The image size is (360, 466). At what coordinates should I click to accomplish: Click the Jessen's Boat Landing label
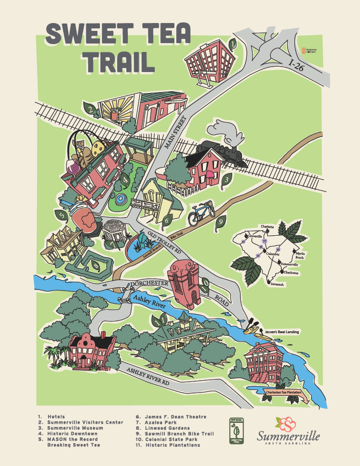point(281,332)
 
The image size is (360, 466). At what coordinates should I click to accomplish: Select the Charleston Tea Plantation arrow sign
point(287,393)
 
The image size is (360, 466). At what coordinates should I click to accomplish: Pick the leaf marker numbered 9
point(221,223)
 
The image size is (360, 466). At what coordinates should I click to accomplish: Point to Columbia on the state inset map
point(272,254)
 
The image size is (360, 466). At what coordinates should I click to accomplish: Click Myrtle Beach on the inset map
point(301,254)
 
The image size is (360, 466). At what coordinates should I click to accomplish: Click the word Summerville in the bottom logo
point(289,435)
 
